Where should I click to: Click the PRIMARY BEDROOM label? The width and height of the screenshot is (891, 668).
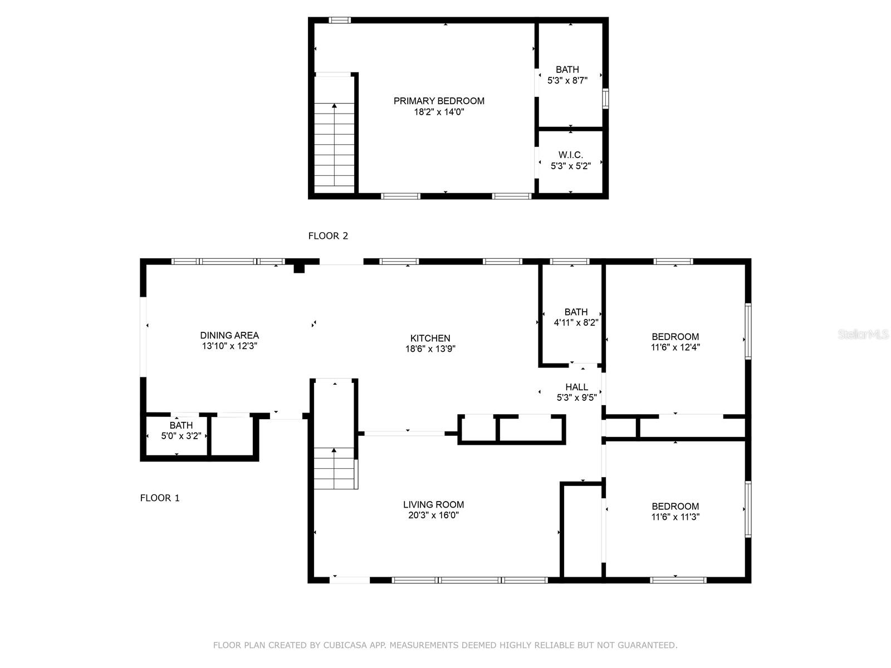click(x=439, y=101)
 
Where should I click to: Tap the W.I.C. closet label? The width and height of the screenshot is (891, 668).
click(x=570, y=155)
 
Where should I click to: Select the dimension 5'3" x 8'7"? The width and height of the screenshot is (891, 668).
click(x=567, y=81)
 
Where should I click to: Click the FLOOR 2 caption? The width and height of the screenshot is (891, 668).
click(x=328, y=236)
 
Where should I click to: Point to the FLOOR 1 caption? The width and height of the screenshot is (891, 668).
click(x=159, y=498)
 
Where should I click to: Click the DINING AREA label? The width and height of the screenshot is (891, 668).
click(x=229, y=336)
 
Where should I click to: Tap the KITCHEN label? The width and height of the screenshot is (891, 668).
click(x=430, y=338)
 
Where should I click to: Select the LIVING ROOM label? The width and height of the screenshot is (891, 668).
click(x=433, y=504)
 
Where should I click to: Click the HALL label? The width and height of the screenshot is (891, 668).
click(x=576, y=387)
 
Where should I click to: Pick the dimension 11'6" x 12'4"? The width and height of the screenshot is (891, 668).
click(x=675, y=347)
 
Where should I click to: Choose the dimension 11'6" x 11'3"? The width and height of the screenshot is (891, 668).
click(x=675, y=517)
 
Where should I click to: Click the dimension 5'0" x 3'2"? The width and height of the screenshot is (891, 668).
click(x=181, y=436)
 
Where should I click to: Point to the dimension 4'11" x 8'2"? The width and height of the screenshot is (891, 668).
click(x=576, y=323)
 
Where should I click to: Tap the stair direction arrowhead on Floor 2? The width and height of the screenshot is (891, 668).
click(x=334, y=106)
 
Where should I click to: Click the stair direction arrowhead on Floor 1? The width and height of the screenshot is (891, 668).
click(x=334, y=450)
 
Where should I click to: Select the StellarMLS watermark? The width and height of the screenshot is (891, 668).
click(x=863, y=335)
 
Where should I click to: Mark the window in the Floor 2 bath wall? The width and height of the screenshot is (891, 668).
click(x=605, y=99)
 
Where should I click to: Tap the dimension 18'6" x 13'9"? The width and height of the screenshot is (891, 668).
click(x=430, y=349)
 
